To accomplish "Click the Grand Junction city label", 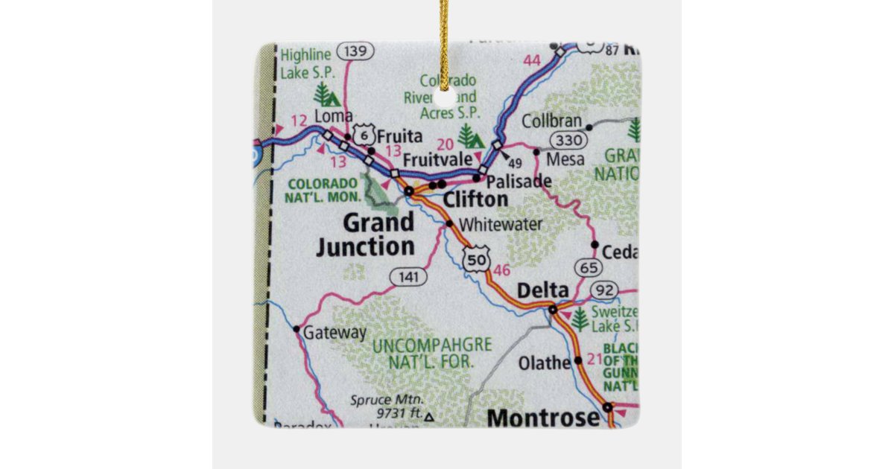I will pyautogui.click(x=366, y=234).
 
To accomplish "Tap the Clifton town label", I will pyautogui.click(x=475, y=200).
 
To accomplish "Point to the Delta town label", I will pyautogui.click(x=542, y=290).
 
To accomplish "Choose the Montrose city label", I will pyautogui.click(x=543, y=418).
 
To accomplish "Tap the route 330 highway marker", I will pyautogui.click(x=567, y=141).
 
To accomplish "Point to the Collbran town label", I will pyautogui.click(x=551, y=121).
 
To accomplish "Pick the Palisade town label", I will pyautogui.click(x=519, y=181).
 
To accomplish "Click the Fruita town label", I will pyautogui.click(x=399, y=137).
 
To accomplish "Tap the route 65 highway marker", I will pyautogui.click(x=588, y=267).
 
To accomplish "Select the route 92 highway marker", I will pyautogui.click(x=605, y=290).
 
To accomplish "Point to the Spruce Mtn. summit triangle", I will pyautogui.click(x=428, y=418).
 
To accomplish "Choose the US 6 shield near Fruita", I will pyautogui.click(x=363, y=134).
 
